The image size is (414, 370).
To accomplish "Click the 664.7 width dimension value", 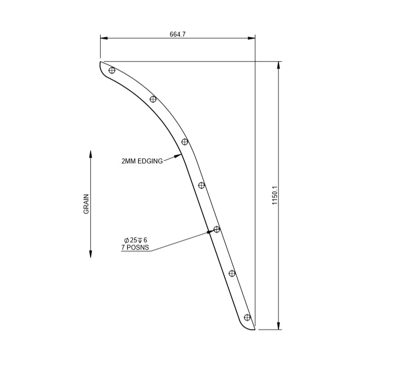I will point(177,34).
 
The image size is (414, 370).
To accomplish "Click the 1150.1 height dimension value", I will point(275,195).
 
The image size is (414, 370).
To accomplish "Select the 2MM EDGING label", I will point(142,161).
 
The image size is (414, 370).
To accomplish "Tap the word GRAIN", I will point(86,203).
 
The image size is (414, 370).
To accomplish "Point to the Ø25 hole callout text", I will point(136,240).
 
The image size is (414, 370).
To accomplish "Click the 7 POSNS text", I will point(135,247).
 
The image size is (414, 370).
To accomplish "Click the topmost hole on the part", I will point(112,70).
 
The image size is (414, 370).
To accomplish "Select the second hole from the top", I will point(153,99).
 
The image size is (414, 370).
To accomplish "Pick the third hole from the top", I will point(185,142).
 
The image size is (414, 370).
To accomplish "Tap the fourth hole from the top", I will point(202,185).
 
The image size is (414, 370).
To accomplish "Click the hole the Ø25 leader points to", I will point(216,229).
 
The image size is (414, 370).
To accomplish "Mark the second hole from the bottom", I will point(232,273).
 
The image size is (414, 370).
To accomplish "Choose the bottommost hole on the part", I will point(247,317).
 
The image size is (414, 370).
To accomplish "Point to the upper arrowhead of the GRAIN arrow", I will point(91,153).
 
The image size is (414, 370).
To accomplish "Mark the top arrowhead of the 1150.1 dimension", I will point(279,65).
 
